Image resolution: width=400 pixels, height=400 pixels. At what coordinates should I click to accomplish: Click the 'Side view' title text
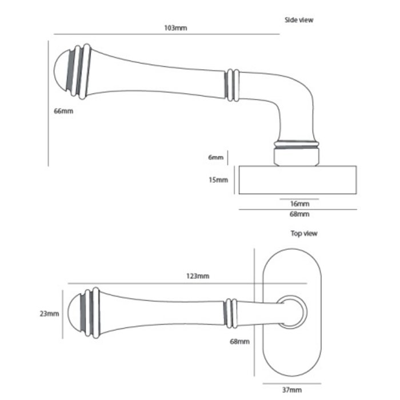click(x=299, y=20)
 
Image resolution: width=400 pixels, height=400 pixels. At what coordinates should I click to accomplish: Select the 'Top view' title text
click(x=304, y=233)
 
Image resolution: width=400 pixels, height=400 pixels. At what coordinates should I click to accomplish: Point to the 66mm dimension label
click(x=63, y=111)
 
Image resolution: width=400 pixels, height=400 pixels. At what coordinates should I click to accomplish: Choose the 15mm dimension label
click(x=219, y=179)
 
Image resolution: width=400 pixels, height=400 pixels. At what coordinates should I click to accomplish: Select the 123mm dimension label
click(x=198, y=276)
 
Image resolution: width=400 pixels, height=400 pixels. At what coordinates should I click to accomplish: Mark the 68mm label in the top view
click(x=241, y=342)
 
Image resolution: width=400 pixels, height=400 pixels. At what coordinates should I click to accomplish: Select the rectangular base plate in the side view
click(x=297, y=179)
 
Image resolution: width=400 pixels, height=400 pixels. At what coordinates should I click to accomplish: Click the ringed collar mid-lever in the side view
click(x=231, y=85)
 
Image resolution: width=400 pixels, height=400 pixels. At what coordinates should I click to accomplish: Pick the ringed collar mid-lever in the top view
click(x=230, y=313)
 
